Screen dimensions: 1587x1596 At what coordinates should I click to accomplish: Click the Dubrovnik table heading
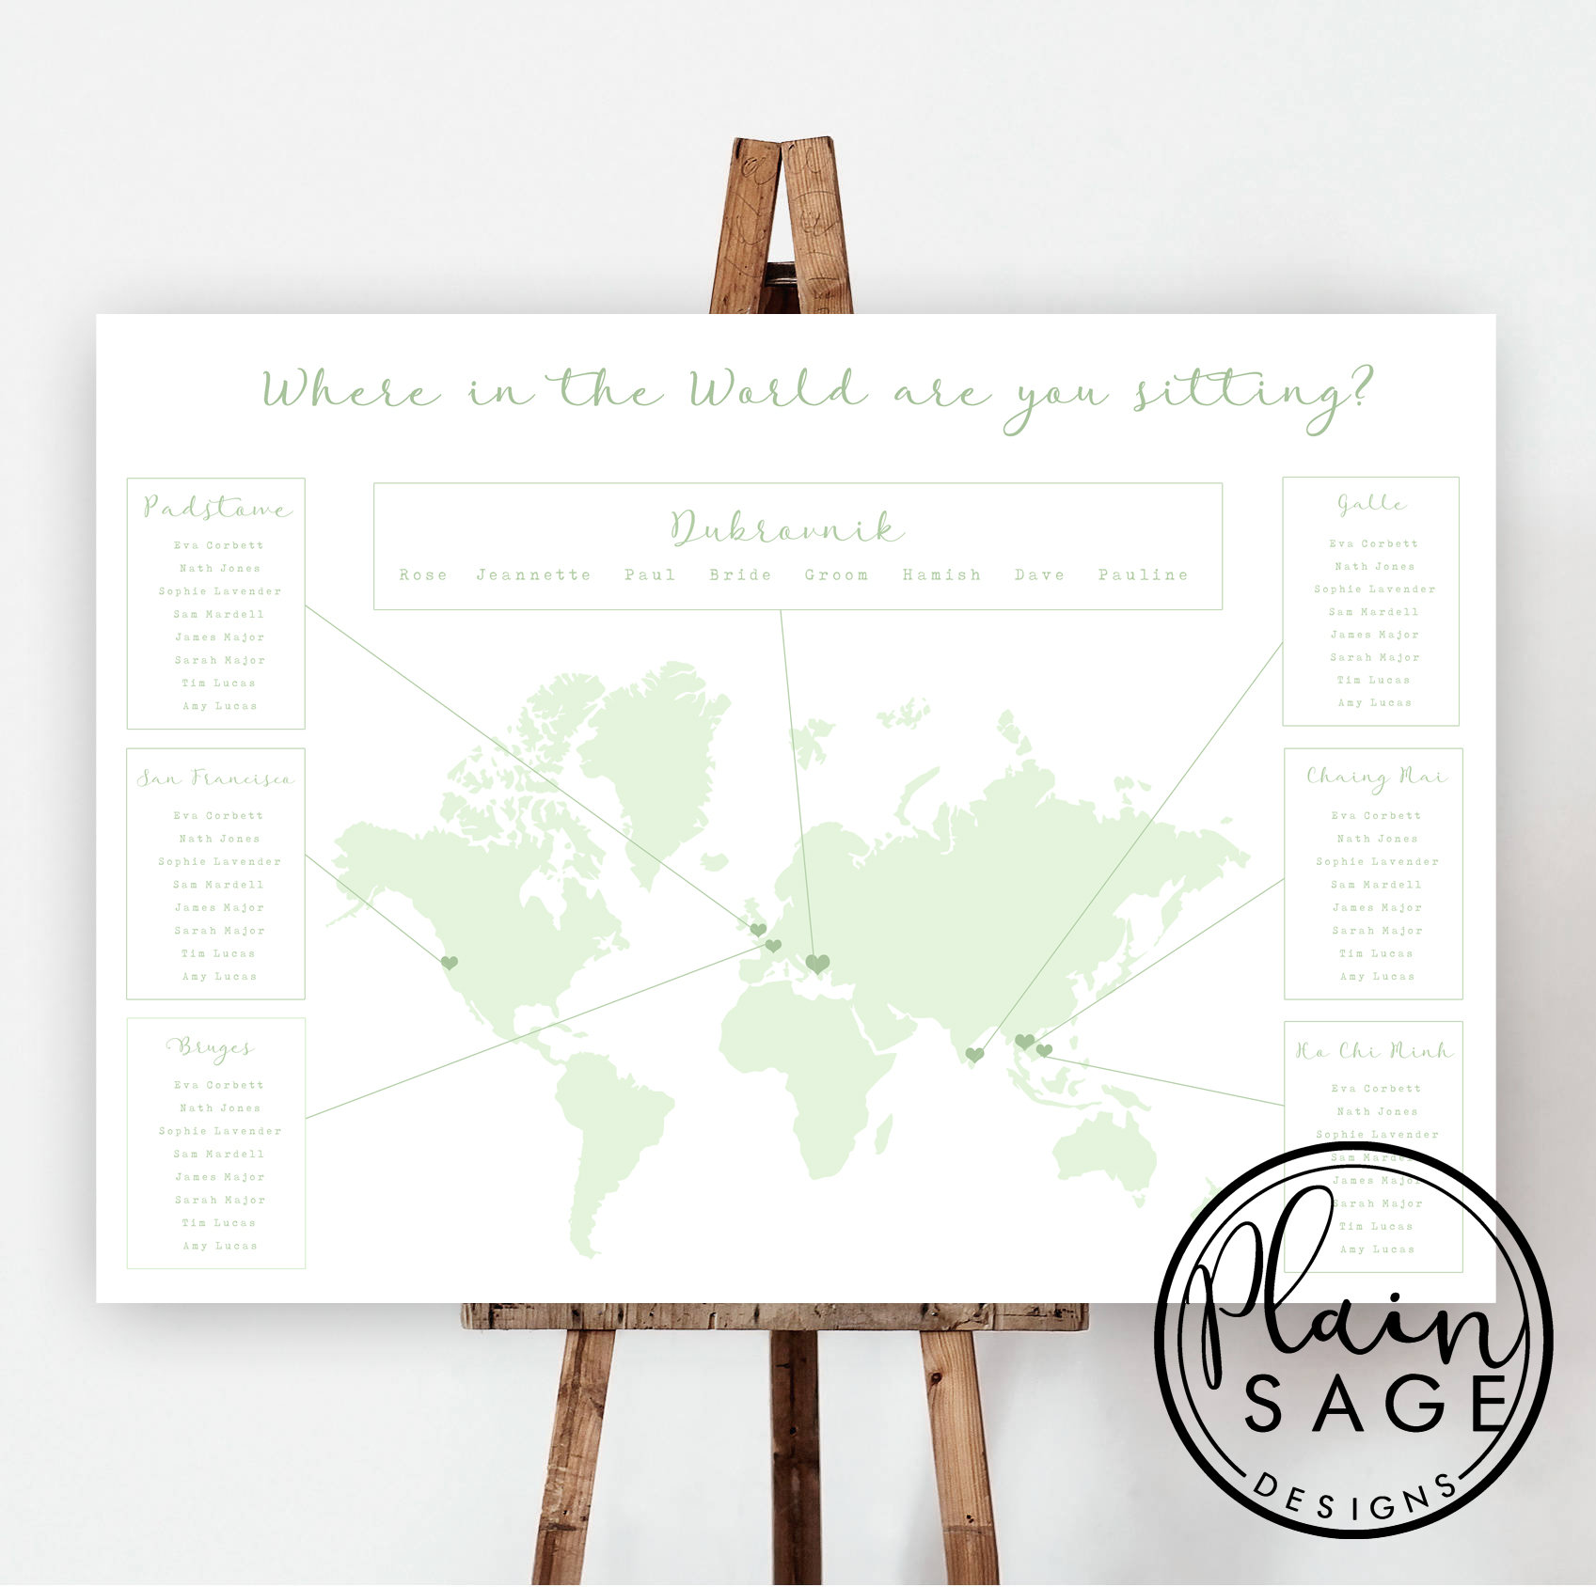click(x=786, y=528)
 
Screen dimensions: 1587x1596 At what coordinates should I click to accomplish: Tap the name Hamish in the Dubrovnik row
click(x=941, y=574)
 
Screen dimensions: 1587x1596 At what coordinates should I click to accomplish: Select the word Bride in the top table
click(x=740, y=574)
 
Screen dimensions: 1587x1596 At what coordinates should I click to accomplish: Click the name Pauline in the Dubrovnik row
click(x=1143, y=574)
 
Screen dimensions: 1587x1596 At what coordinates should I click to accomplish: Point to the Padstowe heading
click(x=217, y=508)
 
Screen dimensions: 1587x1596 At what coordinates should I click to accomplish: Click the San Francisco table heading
click(x=215, y=778)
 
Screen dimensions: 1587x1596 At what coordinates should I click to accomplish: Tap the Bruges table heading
click(x=211, y=1047)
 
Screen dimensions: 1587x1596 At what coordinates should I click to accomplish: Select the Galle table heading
click(x=1372, y=505)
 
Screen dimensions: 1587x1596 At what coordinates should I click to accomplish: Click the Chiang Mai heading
click(x=1376, y=777)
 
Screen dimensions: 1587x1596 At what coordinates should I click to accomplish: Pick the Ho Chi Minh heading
click(x=1374, y=1050)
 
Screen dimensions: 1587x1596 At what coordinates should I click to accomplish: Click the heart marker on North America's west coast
click(x=450, y=962)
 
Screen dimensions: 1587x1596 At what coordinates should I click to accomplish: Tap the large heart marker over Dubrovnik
click(x=817, y=963)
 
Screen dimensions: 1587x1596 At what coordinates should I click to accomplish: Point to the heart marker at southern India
click(x=974, y=1055)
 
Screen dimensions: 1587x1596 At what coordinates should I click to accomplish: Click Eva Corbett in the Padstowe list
click(x=218, y=545)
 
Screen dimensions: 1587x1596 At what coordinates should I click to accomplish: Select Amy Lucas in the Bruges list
click(x=219, y=1246)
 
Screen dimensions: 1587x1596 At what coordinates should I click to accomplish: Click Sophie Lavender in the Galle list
click(x=1374, y=589)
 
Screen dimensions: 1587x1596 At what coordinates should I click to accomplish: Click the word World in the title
click(x=777, y=389)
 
